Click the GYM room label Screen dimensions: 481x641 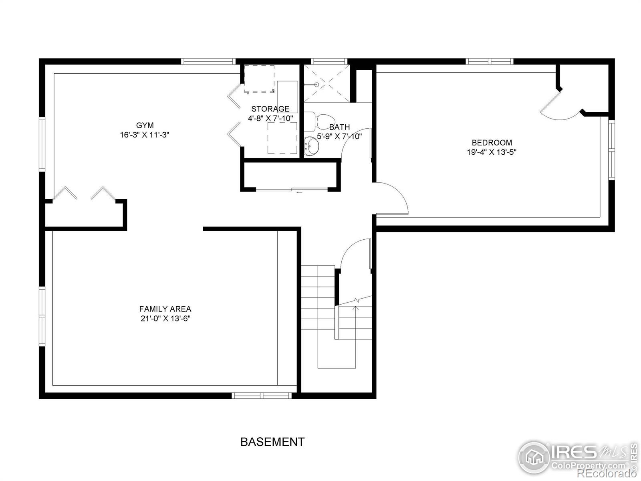click(145, 125)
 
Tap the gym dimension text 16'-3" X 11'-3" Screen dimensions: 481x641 click(145, 135)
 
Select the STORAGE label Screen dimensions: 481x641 click(270, 109)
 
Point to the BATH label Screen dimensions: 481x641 click(339, 127)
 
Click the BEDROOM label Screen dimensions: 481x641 click(492, 142)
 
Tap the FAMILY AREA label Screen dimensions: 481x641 click(165, 309)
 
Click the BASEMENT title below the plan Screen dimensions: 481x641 click(272, 442)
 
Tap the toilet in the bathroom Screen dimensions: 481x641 click(323, 120)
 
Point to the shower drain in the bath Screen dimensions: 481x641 click(316, 85)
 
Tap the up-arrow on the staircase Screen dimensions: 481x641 click(355, 308)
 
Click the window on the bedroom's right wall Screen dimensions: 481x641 click(611, 150)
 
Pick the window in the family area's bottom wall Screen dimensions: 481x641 click(262, 395)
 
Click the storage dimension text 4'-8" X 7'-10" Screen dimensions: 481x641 click(270, 118)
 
